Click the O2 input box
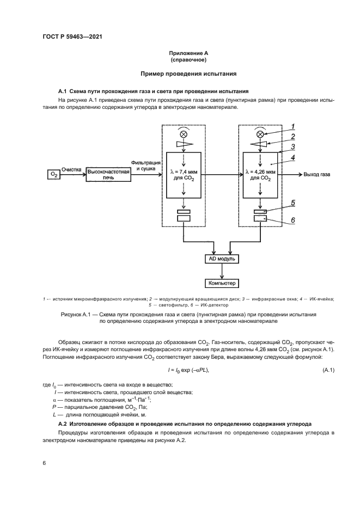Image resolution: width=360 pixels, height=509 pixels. [53, 174]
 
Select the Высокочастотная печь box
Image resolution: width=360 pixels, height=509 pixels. [108, 174]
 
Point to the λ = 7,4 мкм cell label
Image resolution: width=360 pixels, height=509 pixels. [184, 174]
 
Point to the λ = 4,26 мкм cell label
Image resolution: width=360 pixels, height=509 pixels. [261, 174]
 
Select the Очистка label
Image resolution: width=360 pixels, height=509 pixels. [71, 170]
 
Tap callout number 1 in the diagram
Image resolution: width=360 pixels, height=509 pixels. [292, 126]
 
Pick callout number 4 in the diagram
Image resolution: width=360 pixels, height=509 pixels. [292, 158]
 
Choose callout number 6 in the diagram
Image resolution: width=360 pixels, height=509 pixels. [292, 220]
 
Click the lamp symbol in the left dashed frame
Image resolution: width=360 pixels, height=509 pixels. [184, 134]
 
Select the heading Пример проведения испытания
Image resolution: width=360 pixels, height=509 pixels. [180, 73]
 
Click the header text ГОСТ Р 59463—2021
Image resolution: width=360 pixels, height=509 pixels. [72, 36]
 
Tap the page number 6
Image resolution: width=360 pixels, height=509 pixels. [44, 463]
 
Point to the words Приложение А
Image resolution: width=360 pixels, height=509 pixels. [180, 53]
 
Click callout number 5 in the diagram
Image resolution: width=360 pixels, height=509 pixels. [292, 203]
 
